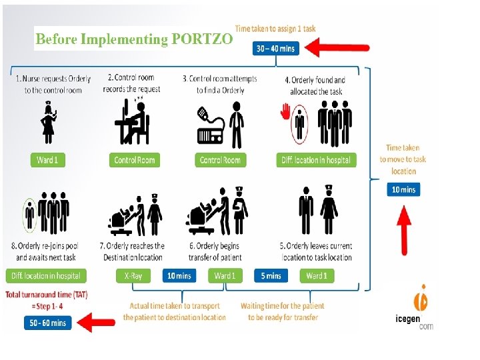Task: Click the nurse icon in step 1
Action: pos(48,123)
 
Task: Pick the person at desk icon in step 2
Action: pos(132,123)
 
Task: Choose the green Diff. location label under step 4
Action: pos(316,160)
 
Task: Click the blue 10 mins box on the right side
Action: pos(403,189)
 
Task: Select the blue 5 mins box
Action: pos(271,275)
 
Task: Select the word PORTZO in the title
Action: pos(202,39)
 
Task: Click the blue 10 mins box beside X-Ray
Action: pos(179,275)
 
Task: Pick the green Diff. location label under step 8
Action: pos(46,275)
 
